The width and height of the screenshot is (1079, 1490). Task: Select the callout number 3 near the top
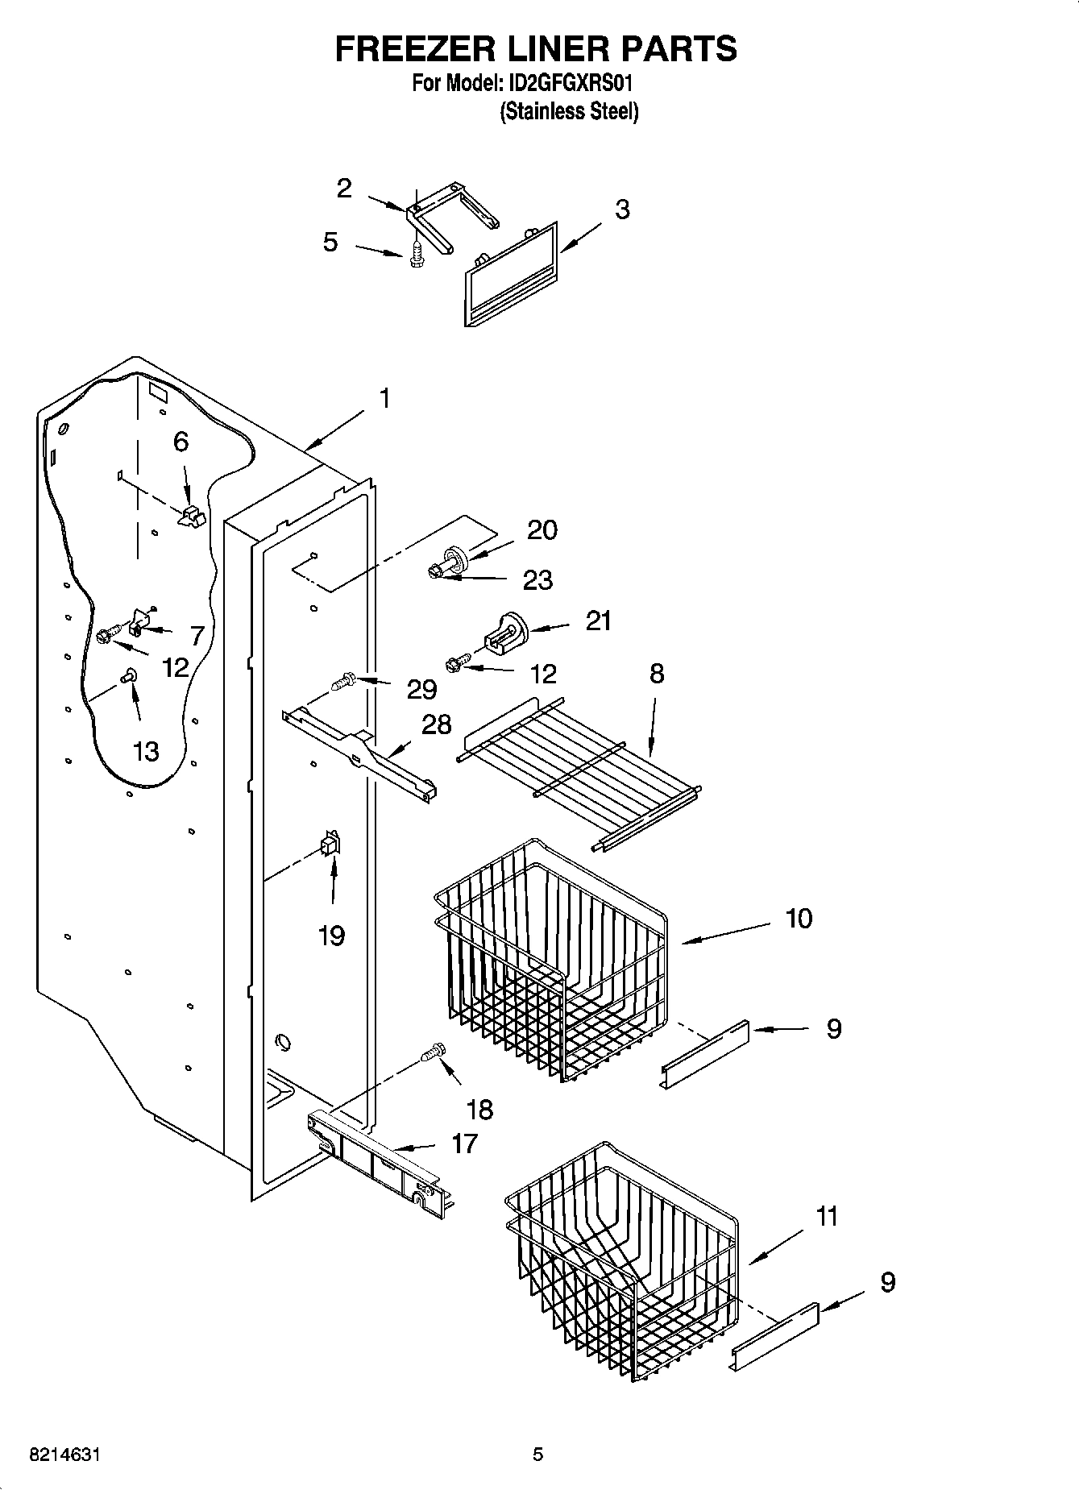[x=622, y=210]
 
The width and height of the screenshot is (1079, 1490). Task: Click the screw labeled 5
[x=416, y=255]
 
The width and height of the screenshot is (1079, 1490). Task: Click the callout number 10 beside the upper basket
[x=799, y=918]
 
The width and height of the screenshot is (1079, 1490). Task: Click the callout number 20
[x=542, y=530]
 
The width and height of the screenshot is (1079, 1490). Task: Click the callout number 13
[x=146, y=751]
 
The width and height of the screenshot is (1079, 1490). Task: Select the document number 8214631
[x=65, y=1455]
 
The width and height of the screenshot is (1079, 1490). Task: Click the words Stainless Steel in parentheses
[x=570, y=111]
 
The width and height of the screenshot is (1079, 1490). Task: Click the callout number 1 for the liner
[x=384, y=398]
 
